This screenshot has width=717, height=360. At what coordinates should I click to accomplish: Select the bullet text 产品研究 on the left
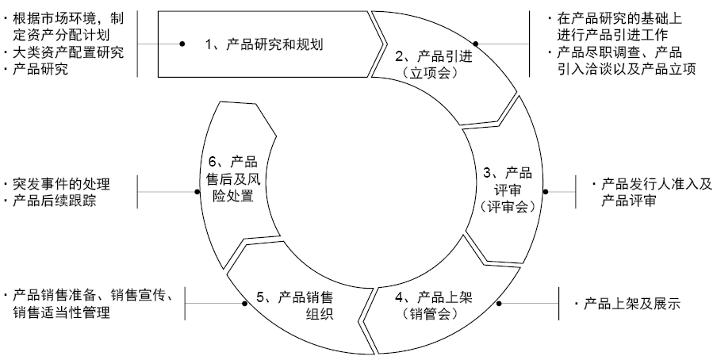point(40,70)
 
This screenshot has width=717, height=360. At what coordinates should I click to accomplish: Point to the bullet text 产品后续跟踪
point(56,200)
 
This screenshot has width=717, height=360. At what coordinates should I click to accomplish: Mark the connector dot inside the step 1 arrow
point(182,44)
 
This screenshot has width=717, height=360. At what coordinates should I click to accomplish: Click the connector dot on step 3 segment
point(545,191)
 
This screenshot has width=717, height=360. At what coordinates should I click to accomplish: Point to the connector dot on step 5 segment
point(242,302)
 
